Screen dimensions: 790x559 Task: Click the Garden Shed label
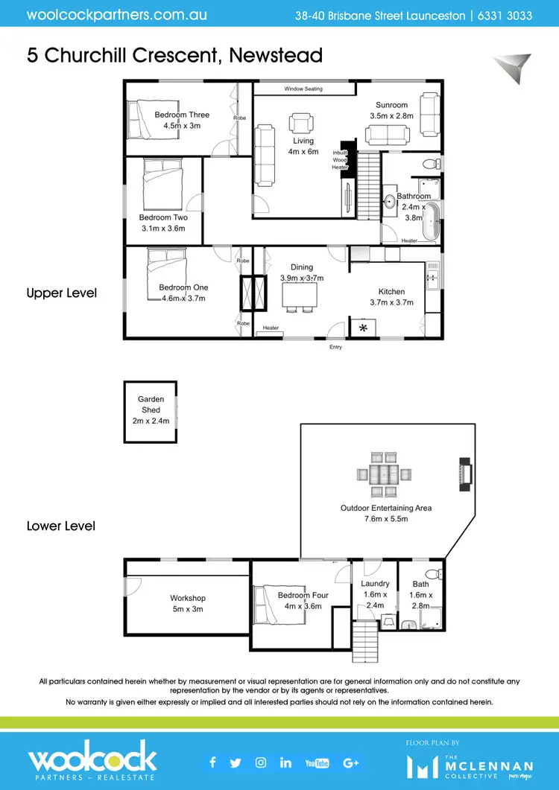click(151, 404)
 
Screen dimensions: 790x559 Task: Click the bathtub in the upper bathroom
click(432, 221)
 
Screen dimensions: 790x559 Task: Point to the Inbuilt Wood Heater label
click(340, 159)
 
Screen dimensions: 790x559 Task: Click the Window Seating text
click(303, 89)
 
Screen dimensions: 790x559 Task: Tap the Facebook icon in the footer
click(213, 762)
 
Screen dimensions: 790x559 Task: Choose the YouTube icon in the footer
click(317, 762)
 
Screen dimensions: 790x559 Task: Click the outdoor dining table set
click(383, 474)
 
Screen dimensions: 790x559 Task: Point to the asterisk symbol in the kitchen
click(364, 328)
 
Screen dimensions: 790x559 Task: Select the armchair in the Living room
click(303, 124)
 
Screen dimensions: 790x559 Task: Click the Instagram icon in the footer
click(261, 762)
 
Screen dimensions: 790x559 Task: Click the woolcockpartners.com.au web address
click(117, 15)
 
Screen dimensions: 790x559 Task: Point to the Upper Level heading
click(61, 293)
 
